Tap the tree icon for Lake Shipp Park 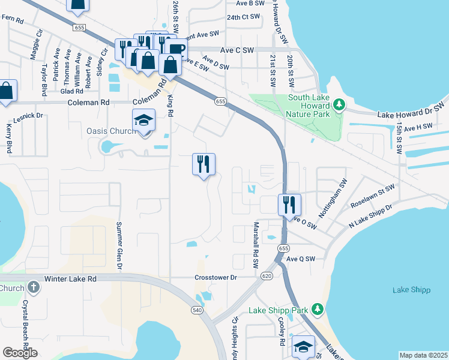point(318,310)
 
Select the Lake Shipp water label point(411,290)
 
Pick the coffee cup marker point(175,49)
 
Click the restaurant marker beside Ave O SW point(289,205)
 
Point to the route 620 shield point(267,275)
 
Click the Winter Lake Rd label point(71,279)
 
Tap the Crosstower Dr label point(216,278)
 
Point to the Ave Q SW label point(300,259)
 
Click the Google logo point(20,353)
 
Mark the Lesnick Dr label point(28,115)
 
